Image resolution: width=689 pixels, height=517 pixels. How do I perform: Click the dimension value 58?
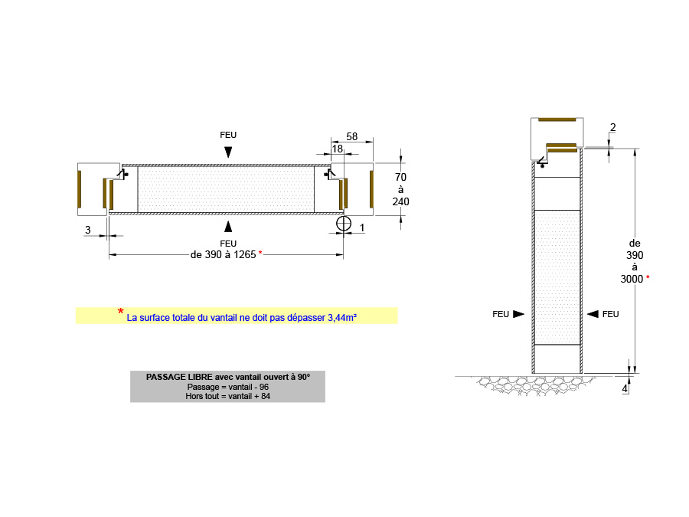(x=352, y=136)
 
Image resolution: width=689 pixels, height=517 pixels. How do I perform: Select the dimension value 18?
(x=338, y=149)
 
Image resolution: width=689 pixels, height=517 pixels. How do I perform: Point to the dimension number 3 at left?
(x=87, y=230)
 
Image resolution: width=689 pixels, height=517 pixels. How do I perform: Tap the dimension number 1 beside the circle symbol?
(x=362, y=227)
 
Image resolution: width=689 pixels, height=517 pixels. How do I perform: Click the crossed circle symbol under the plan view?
(x=344, y=224)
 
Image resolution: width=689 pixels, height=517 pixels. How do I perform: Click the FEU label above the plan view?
(x=228, y=135)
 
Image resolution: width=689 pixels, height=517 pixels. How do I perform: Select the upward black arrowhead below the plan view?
(x=228, y=225)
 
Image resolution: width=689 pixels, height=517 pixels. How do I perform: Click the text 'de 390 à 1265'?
(x=223, y=254)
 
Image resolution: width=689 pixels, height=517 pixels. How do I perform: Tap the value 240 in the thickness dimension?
(x=401, y=202)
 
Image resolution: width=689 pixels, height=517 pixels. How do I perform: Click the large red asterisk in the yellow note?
(x=120, y=311)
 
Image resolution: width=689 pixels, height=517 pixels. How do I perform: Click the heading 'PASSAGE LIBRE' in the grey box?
(x=177, y=377)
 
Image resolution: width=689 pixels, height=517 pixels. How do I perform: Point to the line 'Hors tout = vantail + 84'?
(x=227, y=396)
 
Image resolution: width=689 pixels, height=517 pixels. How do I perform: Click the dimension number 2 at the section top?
(x=613, y=127)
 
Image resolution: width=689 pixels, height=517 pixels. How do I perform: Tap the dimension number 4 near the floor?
(x=625, y=388)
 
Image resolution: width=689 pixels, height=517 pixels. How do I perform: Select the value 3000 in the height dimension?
(x=632, y=279)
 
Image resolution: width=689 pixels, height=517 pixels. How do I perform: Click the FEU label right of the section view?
(x=610, y=314)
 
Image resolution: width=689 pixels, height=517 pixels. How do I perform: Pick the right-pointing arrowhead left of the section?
(x=518, y=314)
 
